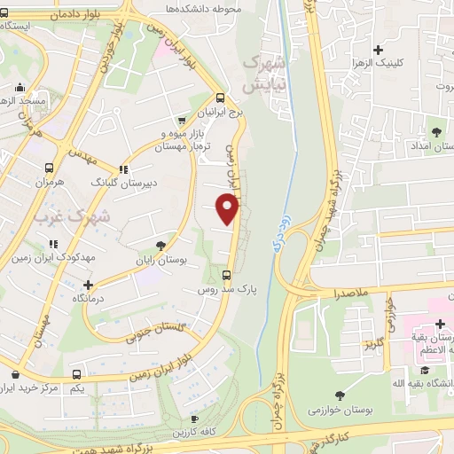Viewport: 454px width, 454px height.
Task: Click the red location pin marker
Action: (228, 209)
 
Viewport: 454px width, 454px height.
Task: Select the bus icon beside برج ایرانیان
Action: (220, 98)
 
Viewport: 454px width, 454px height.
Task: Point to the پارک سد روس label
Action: (226, 290)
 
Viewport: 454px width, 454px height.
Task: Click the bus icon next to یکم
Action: (78, 375)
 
